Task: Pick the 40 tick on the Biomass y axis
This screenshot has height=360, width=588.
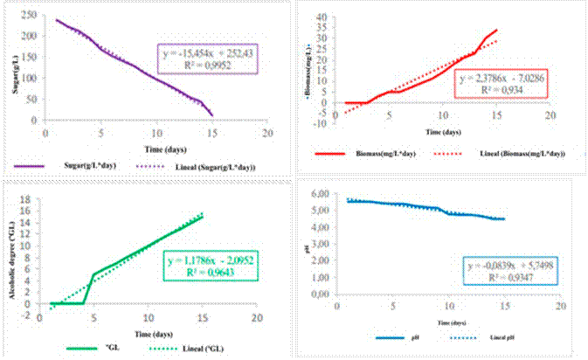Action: [321, 17]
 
